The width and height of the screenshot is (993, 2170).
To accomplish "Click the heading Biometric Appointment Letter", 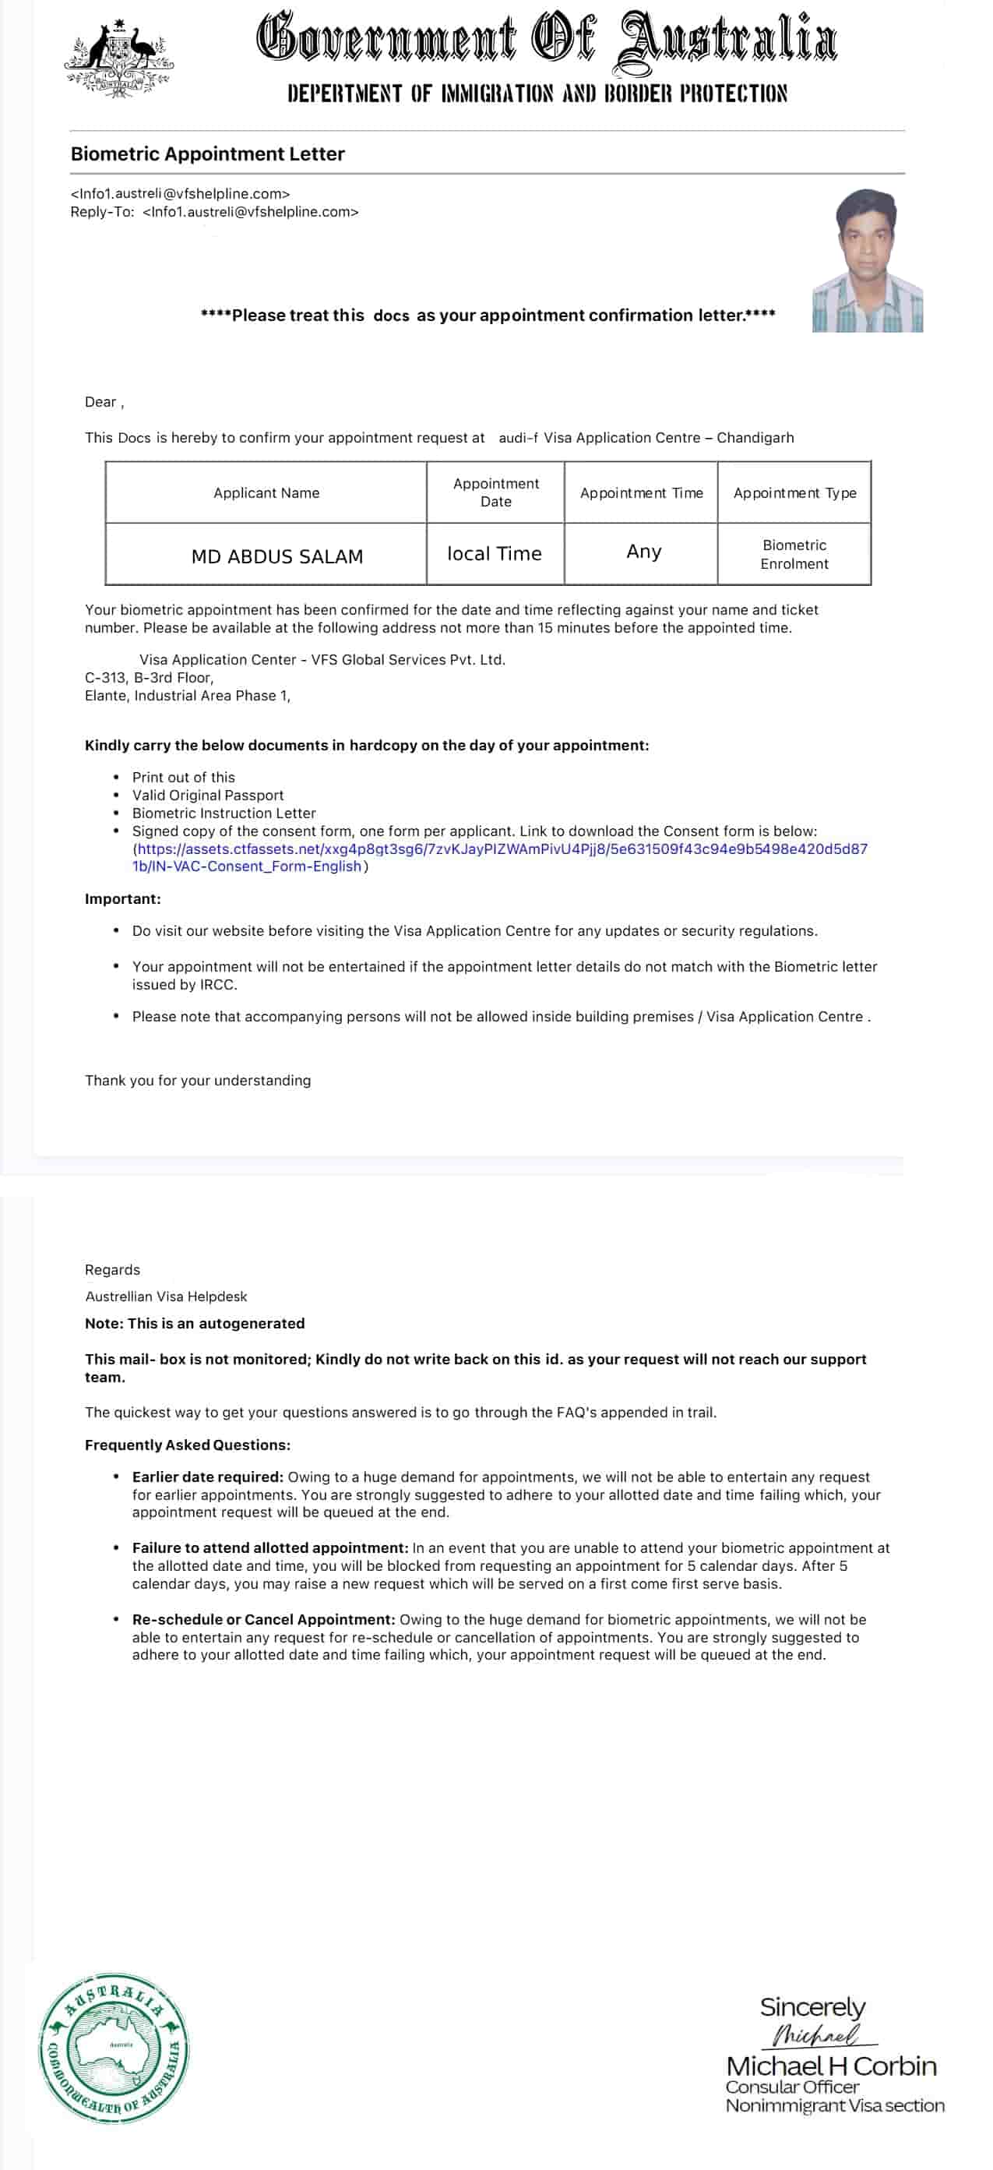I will point(207,154).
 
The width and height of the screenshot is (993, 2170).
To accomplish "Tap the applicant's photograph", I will point(867,260).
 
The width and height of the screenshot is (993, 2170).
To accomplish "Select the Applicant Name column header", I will point(266,492).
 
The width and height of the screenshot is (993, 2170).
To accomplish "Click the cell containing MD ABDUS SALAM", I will point(277,556).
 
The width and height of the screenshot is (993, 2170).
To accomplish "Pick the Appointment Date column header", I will point(495,492).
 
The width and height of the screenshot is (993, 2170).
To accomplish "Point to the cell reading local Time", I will point(495,553).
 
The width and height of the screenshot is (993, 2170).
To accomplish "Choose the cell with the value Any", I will point(643,552).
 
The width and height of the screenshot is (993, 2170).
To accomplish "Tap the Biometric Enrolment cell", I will point(794,554).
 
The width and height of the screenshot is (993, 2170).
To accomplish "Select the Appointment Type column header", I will point(794,492).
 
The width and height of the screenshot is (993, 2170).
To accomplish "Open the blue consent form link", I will point(501,858).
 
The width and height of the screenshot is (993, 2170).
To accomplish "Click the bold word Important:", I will point(123,899).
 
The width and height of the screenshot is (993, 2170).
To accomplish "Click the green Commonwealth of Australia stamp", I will point(114,2047).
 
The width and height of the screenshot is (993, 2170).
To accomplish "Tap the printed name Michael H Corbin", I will point(830,2066).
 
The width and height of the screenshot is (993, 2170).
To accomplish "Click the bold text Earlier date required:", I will point(207,1477).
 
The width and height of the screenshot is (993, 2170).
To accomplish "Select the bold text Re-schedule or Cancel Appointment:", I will point(262,1619).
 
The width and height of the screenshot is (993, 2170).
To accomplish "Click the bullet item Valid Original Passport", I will point(207,796).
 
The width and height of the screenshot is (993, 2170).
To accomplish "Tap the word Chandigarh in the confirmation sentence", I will point(755,438).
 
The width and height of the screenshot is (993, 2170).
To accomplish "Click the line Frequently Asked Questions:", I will point(187,1445).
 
